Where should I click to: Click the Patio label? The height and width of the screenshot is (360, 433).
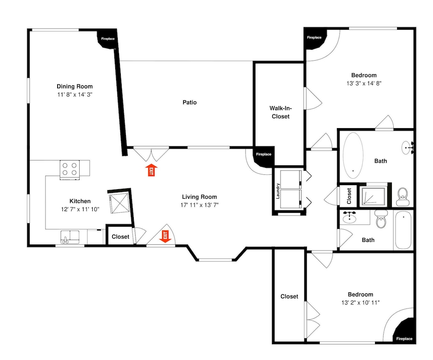pyautogui.click(x=190, y=103)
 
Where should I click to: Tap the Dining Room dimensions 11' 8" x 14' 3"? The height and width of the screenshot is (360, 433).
pyautogui.click(x=74, y=95)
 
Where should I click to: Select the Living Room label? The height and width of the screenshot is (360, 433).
pyautogui.click(x=199, y=197)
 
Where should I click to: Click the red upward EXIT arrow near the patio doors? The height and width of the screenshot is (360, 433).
pyautogui.click(x=151, y=170)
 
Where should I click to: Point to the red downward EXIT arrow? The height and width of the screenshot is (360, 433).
pyautogui.click(x=165, y=237)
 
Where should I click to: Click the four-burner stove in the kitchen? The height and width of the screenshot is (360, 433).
pyautogui.click(x=70, y=170)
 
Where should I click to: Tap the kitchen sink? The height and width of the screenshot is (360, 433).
pyautogui.click(x=70, y=237)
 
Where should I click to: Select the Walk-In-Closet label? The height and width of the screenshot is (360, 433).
pyautogui.click(x=281, y=112)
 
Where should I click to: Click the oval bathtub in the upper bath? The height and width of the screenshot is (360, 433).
pyautogui.click(x=353, y=155)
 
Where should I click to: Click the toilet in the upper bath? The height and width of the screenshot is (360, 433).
pyautogui.click(x=403, y=197)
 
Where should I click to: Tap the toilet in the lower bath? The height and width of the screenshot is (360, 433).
pyautogui.click(x=381, y=219)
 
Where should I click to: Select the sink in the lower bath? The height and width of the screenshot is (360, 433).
pyautogui.click(x=349, y=217)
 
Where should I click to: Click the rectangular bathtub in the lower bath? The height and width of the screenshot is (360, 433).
pyautogui.click(x=403, y=230)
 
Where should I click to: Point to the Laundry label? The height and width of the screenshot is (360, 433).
pyautogui.click(x=278, y=191)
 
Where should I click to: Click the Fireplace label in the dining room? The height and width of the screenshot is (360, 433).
pyautogui.click(x=108, y=39)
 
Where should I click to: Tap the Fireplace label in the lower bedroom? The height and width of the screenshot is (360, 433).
pyautogui.click(x=404, y=338)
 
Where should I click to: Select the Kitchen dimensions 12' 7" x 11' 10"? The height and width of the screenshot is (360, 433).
pyautogui.click(x=80, y=209)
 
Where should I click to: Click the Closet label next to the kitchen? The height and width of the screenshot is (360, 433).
pyautogui.click(x=120, y=237)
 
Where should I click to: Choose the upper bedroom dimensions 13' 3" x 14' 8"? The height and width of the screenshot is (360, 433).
pyautogui.click(x=364, y=84)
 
